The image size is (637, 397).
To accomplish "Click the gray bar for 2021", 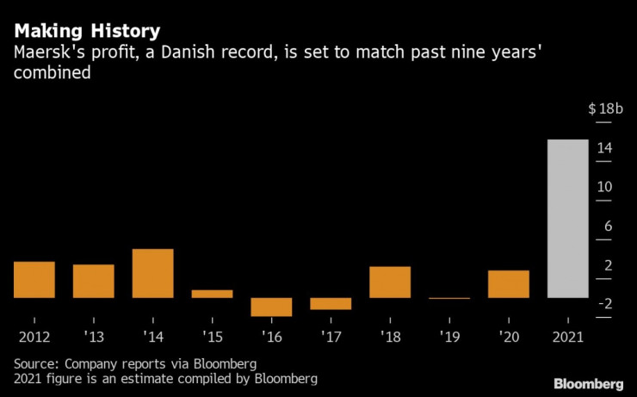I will (x=567, y=219).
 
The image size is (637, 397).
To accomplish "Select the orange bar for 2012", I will (x=34, y=280).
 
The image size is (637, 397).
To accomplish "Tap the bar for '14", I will (x=152, y=273).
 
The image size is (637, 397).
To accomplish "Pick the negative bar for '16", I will (x=271, y=307).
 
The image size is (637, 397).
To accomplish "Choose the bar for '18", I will (x=390, y=282).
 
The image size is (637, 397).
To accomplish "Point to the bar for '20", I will (x=508, y=284).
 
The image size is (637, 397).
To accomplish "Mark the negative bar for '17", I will (x=331, y=303).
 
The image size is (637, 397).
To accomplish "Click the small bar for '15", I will (x=212, y=294).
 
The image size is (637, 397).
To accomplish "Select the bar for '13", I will (x=93, y=281).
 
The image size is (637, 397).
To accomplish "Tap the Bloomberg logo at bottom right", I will (x=589, y=382).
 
